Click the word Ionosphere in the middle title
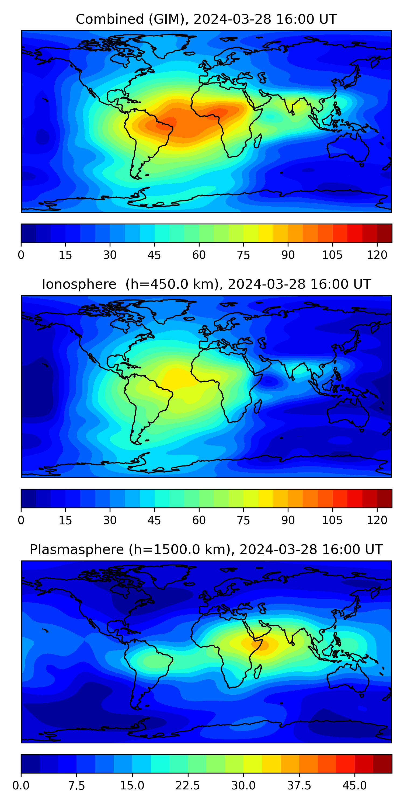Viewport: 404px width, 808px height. [x=79, y=284]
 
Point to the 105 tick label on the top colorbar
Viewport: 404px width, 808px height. [x=332, y=255]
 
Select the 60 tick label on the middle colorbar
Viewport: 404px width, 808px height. [x=199, y=520]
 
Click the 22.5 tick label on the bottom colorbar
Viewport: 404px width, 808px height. [x=187, y=786]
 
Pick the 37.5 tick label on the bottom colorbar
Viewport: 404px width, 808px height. [x=299, y=786]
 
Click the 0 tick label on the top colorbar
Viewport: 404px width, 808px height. [x=21, y=255]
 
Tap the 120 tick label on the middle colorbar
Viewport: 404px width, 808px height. [x=377, y=520]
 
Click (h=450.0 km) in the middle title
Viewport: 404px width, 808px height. [x=172, y=284]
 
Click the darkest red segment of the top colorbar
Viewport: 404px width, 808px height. [x=385, y=233]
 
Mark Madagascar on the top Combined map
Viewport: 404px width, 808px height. [x=258, y=141]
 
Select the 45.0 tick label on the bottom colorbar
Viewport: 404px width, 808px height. [x=355, y=786]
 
